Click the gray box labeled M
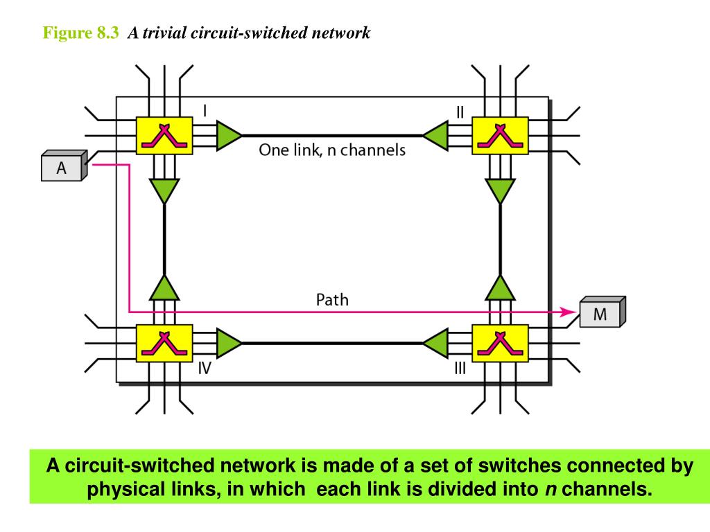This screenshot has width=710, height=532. [x=600, y=314]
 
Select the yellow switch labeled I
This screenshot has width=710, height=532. [x=164, y=135]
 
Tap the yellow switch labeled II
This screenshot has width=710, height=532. [x=499, y=135]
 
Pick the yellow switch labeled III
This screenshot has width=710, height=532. [x=499, y=342]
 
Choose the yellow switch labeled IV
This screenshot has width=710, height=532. [x=164, y=342]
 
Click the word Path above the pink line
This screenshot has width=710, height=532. [x=332, y=300]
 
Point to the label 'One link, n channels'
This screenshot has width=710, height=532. [x=332, y=150]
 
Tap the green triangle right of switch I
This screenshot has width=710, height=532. [x=227, y=135]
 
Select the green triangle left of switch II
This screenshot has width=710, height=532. [x=435, y=135]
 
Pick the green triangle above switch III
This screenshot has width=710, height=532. [x=499, y=287]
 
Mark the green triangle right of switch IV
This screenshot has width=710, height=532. [x=227, y=342]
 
